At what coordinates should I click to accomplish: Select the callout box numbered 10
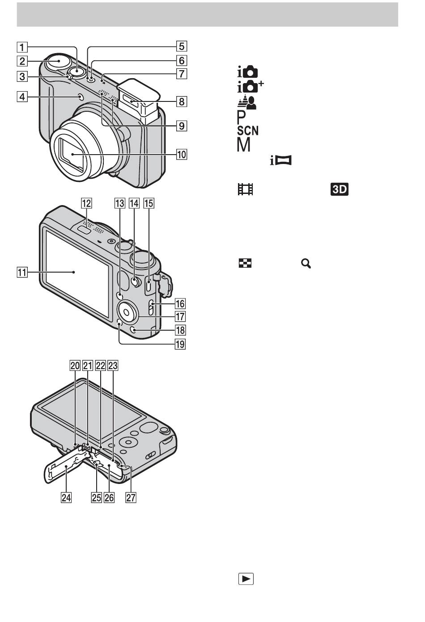(x=182, y=154)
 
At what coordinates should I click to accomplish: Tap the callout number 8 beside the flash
(x=182, y=101)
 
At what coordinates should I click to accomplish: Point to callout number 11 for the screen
(x=22, y=272)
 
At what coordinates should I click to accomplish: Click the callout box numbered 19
(x=180, y=344)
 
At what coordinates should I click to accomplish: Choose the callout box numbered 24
(x=66, y=498)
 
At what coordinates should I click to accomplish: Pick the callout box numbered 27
(x=131, y=498)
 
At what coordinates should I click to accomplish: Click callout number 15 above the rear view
(x=149, y=203)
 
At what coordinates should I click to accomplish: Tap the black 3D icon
(x=340, y=189)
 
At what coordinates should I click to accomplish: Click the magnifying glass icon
(x=306, y=264)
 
